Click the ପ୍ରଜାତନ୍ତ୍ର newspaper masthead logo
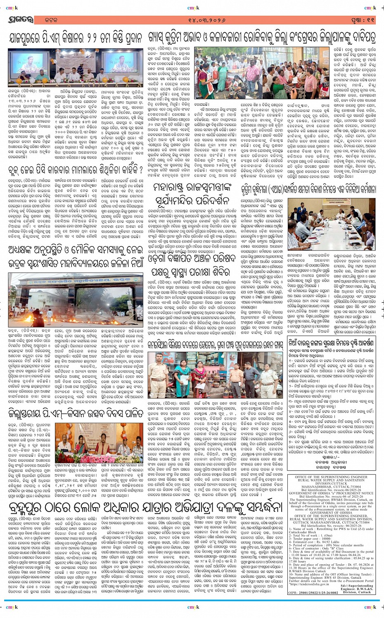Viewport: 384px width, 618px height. coord(19,20)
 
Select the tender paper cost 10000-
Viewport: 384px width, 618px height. coord(318,538)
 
